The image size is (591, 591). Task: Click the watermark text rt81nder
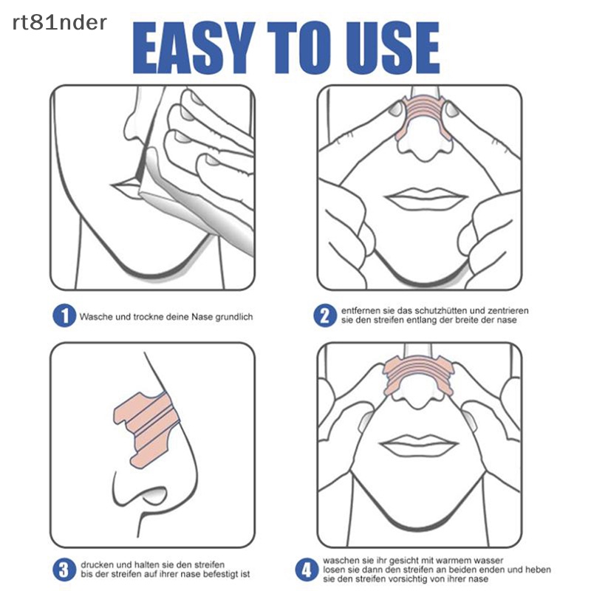(x=59, y=23)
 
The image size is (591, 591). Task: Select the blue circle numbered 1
(x=64, y=316)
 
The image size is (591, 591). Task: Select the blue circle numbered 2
(x=324, y=316)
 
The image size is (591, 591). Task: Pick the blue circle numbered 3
(x=64, y=570)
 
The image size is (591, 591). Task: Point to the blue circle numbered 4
(x=305, y=570)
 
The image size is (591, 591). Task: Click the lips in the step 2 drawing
(x=427, y=198)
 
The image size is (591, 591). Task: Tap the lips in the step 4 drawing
(x=419, y=445)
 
